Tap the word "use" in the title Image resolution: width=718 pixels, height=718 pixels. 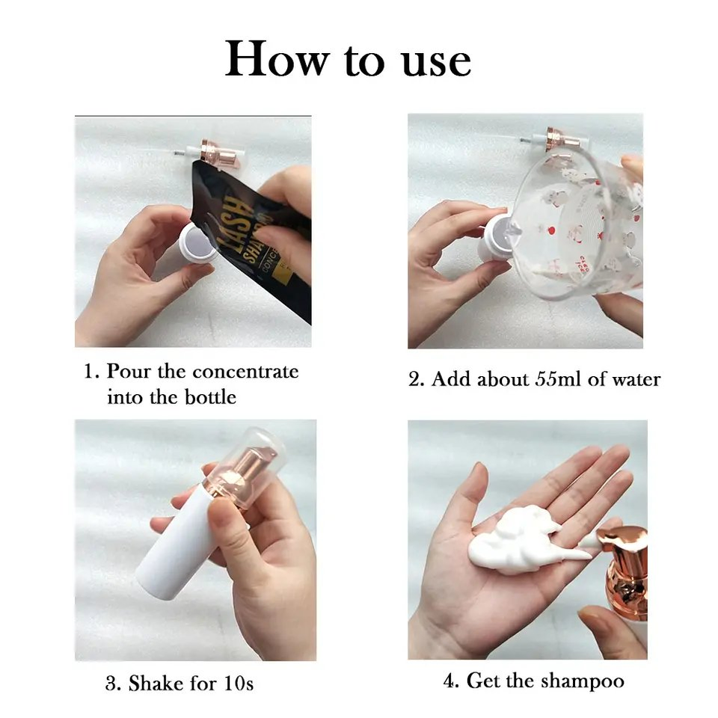coord(436,62)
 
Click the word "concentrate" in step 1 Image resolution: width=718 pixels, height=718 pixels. coord(245,372)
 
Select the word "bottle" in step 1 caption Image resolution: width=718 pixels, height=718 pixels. coord(210,396)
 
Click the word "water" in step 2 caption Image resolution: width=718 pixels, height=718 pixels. coord(636,380)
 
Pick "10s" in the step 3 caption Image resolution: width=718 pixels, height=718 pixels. coord(238,683)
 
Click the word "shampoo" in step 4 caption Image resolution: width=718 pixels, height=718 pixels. coord(582,681)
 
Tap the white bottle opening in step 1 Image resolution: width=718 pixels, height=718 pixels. coord(197,242)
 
